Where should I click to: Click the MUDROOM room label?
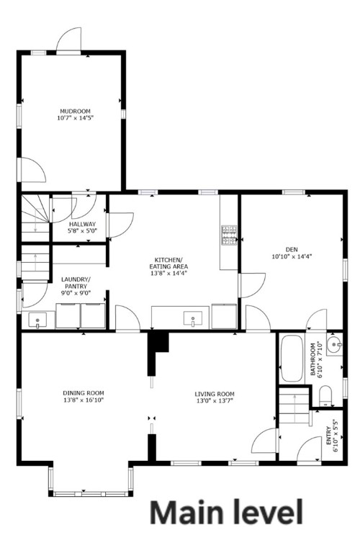coord(70,110)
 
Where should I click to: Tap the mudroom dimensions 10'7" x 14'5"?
coord(70,117)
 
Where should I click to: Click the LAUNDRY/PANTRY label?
coord(75,282)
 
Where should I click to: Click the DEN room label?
coord(292,248)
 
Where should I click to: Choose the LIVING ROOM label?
coord(215,394)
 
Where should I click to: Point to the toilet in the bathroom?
coord(325,395)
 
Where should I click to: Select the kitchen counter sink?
coord(192,318)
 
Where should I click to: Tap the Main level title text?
coord(226,513)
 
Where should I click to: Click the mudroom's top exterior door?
coord(69,40)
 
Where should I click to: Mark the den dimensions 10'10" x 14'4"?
coord(292,256)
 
